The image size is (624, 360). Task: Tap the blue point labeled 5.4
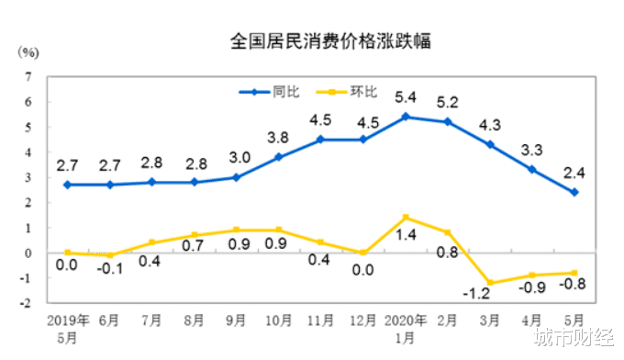(406, 117)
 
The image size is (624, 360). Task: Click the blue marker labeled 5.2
(447, 121)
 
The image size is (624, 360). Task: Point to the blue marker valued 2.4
(574, 192)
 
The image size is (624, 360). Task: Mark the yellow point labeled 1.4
(406, 217)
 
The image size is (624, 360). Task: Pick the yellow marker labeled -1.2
(490, 283)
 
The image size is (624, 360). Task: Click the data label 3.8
(278, 138)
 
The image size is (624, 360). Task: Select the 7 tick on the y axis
(30, 76)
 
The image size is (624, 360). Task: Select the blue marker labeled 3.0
(236, 177)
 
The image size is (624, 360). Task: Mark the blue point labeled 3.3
(532, 169)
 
